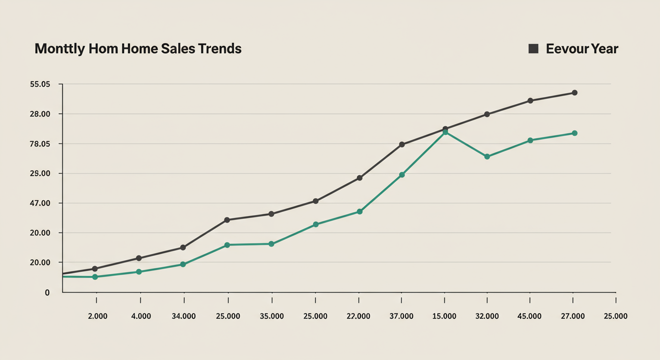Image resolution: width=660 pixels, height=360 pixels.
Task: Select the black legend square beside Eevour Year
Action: [x=533, y=49]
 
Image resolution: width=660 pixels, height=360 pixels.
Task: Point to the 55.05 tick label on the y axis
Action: [x=39, y=84]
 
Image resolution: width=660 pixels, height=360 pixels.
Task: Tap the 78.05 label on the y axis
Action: [x=39, y=144]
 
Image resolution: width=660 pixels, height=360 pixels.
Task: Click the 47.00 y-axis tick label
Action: [x=39, y=203]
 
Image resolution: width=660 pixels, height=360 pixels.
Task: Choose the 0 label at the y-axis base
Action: [x=47, y=292]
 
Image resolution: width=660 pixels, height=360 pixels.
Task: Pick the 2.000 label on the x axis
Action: [x=97, y=316]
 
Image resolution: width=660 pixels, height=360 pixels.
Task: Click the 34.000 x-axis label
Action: [x=184, y=316]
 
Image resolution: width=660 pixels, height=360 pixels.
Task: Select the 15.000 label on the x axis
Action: [x=444, y=316]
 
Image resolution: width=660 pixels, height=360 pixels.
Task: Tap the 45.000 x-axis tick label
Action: [x=529, y=316]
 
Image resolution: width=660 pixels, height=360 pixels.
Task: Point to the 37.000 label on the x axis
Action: [x=401, y=316]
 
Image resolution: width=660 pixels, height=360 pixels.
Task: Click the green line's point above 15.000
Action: [x=445, y=133]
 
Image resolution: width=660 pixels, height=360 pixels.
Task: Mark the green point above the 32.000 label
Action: [x=487, y=157]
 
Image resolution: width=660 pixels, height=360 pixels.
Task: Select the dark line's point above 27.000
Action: [x=575, y=93]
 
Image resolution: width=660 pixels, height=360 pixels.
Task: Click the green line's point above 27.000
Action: [x=575, y=133]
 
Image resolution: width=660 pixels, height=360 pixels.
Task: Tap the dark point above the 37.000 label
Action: [x=402, y=144]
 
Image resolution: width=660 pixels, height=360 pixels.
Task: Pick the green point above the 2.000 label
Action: [x=95, y=277]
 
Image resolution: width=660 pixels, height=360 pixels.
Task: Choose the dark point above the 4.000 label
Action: [x=139, y=258]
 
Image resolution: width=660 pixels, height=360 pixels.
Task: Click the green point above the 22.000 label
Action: [x=360, y=212]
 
